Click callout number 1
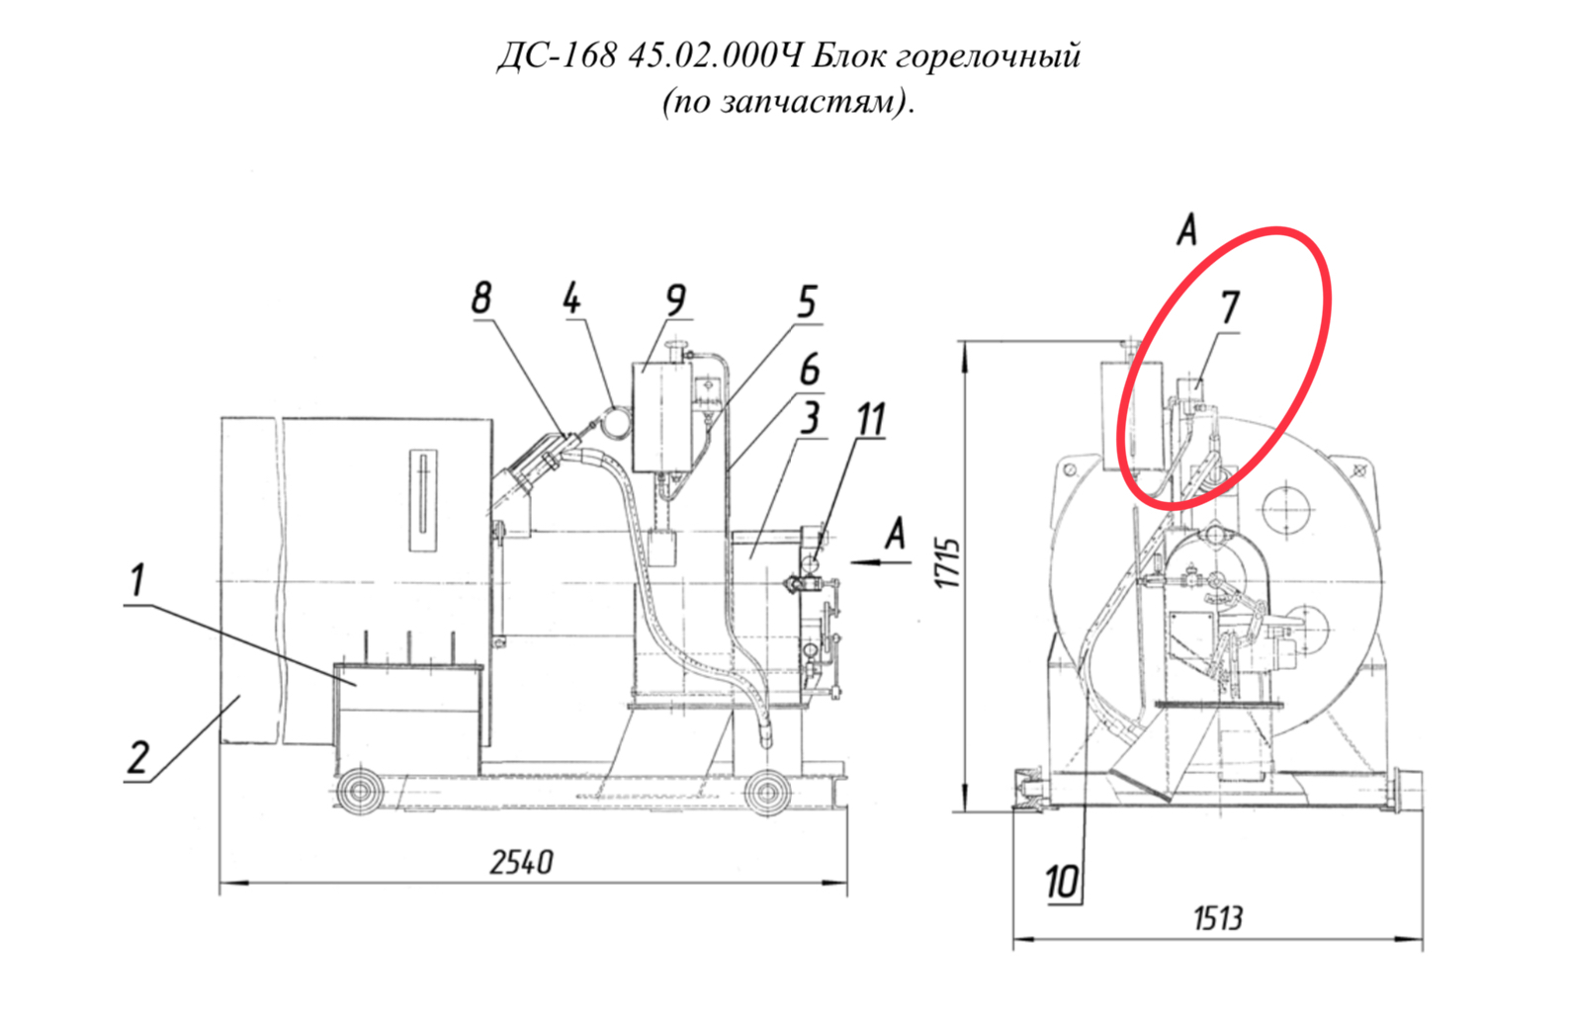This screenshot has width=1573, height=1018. pos(137,580)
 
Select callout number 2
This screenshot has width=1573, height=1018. pos(138,757)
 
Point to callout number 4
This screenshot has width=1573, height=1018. pos(572,298)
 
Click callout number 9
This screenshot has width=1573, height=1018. pos(675,300)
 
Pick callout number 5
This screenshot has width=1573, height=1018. pos(807,301)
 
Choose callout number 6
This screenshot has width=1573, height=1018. pos(810,370)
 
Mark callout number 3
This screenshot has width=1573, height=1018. pos(810,418)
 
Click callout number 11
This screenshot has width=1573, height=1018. pos(871,419)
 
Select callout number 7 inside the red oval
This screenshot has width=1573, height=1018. pos(1230,307)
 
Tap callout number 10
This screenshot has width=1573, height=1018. pos(1062,882)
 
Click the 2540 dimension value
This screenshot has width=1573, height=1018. pos(522,862)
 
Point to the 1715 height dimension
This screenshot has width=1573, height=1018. pos(949,563)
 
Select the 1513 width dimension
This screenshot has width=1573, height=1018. pos(1218,918)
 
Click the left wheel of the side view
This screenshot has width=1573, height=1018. pos(360,792)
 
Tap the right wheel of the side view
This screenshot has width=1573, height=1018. pos(767,793)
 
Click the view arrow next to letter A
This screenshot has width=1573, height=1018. pos(881,561)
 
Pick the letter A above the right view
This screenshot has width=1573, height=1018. pos(1186,229)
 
